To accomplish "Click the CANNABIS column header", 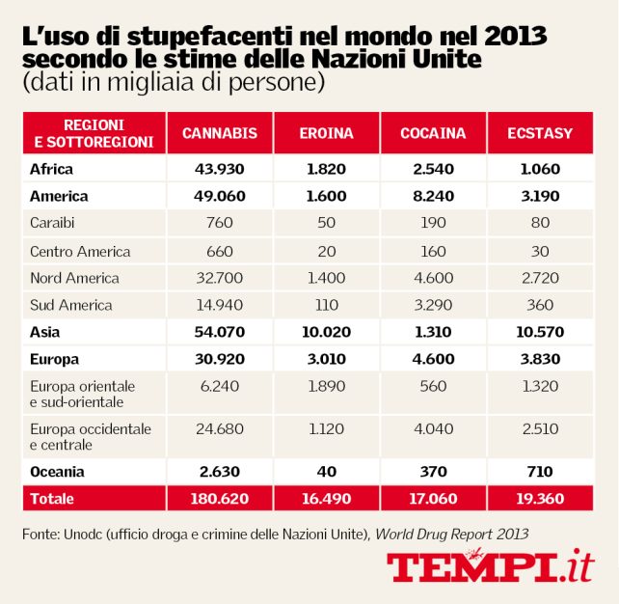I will (220, 133).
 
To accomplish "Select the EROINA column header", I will (327, 133).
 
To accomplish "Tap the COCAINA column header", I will (433, 133).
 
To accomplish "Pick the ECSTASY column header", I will (540, 133).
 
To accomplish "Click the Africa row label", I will (52, 169).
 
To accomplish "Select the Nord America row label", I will (74, 278).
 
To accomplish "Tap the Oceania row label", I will (57, 472).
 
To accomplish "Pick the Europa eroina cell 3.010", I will (327, 360).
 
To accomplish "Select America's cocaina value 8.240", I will (433, 196).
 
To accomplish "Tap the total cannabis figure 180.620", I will (220, 499).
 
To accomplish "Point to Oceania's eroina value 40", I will (327, 472).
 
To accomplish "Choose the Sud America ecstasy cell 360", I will (540, 305).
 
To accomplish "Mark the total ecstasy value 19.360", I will (540, 499).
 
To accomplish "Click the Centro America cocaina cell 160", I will (433, 251).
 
